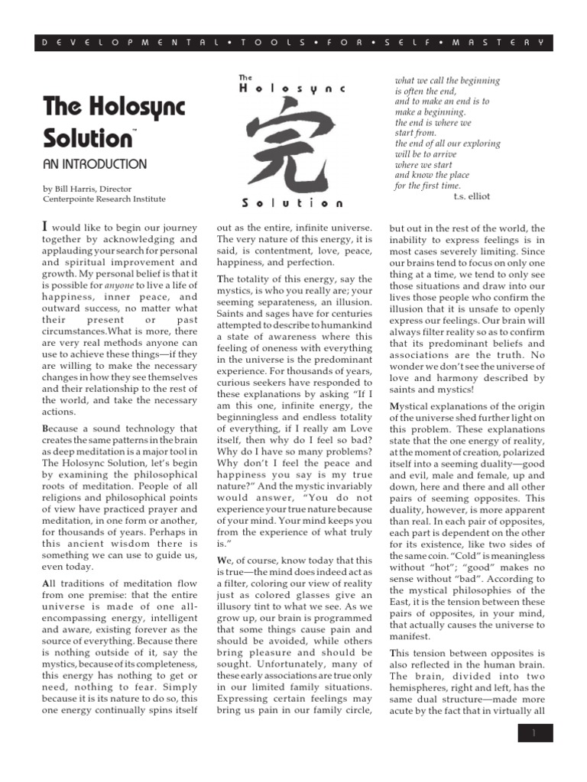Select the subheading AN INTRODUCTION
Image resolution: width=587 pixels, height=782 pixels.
[95, 164]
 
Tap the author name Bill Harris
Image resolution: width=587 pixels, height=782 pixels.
[82, 188]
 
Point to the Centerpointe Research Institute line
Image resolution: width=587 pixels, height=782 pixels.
[104, 199]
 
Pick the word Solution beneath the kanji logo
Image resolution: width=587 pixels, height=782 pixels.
[292, 203]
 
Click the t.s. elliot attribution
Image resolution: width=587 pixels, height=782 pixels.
[472, 196]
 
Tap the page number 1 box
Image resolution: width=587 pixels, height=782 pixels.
[535, 733]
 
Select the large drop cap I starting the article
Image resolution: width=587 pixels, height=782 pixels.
[45, 227]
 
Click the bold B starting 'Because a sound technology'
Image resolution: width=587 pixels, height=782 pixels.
[45, 428]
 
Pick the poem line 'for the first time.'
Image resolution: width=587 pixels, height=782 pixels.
[427, 186]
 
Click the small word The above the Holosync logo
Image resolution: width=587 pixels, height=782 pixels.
[246, 77]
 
